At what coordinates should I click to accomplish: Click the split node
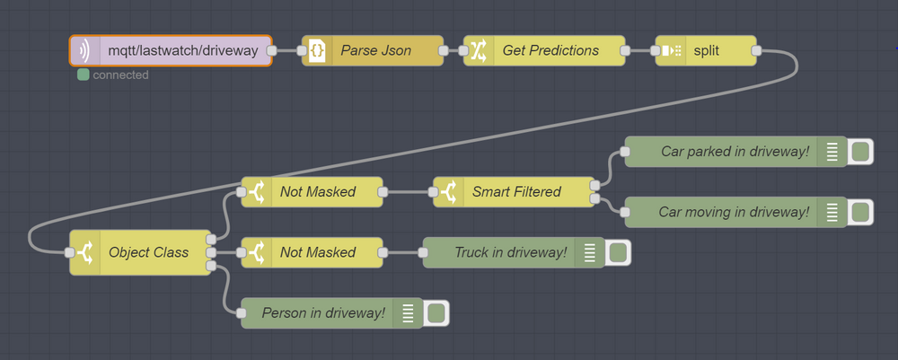tap(706, 51)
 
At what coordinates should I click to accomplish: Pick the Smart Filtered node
tap(516, 191)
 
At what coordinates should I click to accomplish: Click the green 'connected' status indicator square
tap(84, 75)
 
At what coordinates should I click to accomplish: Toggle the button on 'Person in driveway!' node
tap(436, 313)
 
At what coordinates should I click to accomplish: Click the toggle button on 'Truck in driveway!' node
tap(618, 252)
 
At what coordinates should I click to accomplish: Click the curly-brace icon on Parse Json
tap(317, 51)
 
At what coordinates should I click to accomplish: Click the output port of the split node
tap(756, 51)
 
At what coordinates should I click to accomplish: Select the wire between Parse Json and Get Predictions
tap(453, 51)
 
